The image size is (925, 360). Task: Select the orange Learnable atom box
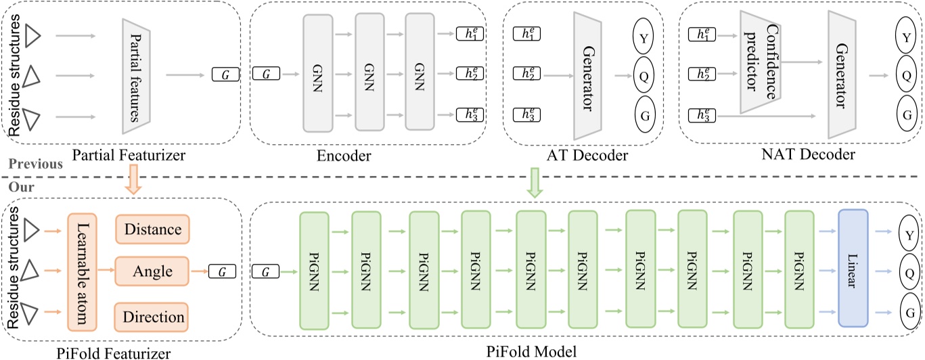click(x=83, y=270)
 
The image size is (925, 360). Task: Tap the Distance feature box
click(x=152, y=230)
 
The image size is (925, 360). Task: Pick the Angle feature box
click(x=152, y=272)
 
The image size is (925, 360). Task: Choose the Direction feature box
click(x=152, y=317)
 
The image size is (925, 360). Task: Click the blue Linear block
click(x=852, y=268)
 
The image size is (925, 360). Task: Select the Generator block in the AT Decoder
click(x=588, y=74)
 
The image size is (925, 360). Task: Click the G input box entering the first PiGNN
click(x=265, y=272)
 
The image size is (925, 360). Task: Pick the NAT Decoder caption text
click(x=808, y=156)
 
